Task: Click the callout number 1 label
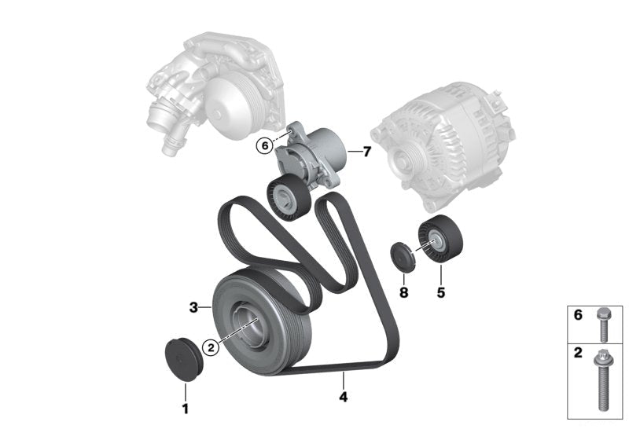click(186, 409)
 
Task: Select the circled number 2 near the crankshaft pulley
click(211, 347)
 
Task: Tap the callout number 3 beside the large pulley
click(193, 308)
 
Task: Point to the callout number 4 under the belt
click(343, 397)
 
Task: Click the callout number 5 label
click(441, 292)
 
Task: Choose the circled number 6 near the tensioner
click(265, 146)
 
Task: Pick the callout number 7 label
click(366, 152)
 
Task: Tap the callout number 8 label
click(403, 292)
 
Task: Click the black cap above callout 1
click(185, 360)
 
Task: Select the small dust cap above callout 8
click(403, 257)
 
